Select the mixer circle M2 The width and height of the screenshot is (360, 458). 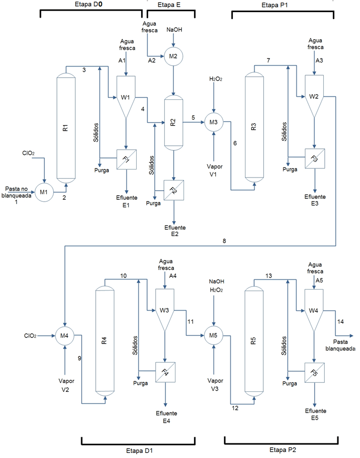[x=173, y=56]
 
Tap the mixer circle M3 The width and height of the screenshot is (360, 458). [x=214, y=122]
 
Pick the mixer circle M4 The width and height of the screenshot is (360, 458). [x=65, y=335]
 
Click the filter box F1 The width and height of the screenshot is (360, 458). [x=126, y=159]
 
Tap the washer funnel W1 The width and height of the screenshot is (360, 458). [x=126, y=96]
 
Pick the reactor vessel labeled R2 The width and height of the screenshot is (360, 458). [x=174, y=122]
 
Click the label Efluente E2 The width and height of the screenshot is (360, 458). [x=174, y=231]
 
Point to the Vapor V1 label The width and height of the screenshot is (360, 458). [x=214, y=170]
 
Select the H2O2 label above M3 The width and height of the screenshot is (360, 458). [x=215, y=79]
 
